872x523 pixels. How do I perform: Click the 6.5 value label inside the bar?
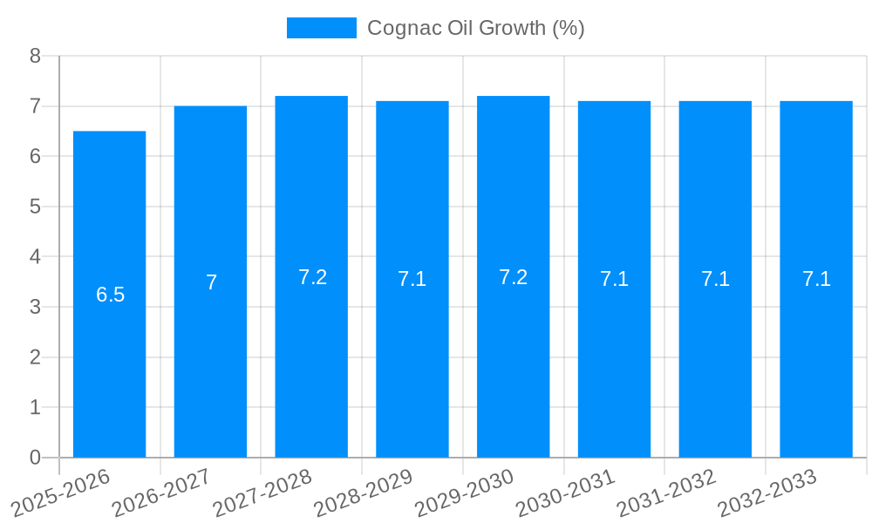110,295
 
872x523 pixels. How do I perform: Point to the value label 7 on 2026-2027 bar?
211,282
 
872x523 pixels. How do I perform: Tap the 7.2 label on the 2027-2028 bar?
312,277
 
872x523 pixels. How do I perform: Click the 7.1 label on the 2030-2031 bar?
614,280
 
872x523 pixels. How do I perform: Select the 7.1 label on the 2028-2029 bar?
412,280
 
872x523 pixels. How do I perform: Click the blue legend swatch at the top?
321,28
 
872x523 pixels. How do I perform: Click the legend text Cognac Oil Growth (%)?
475,28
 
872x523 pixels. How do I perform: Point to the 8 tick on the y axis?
35,56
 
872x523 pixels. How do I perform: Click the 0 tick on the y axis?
35,458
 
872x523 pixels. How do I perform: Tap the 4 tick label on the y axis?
35,257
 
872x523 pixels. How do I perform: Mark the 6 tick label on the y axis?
35,157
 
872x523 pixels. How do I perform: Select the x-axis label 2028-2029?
363,493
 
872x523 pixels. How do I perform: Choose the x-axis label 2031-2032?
666,493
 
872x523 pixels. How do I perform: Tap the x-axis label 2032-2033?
767,493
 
